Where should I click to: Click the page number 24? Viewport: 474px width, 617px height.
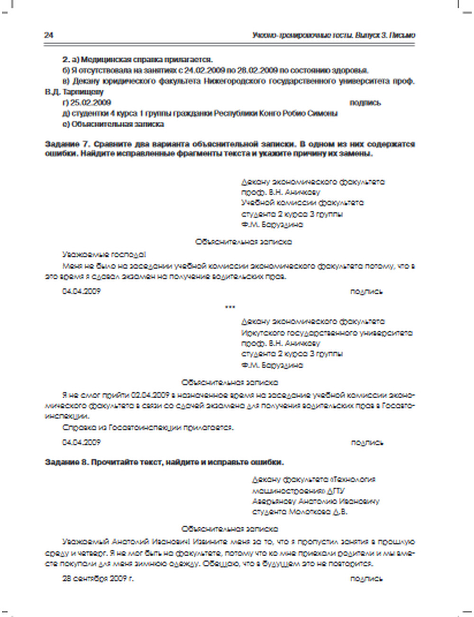pos(48,36)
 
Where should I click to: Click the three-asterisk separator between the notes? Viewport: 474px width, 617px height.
pos(230,307)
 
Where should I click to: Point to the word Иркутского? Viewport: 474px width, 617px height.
pos(261,333)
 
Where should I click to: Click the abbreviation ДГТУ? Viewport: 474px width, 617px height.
pos(335,490)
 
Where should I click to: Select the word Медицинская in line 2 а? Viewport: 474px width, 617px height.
pos(102,60)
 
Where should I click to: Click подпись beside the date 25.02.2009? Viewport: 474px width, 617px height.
pos(365,103)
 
